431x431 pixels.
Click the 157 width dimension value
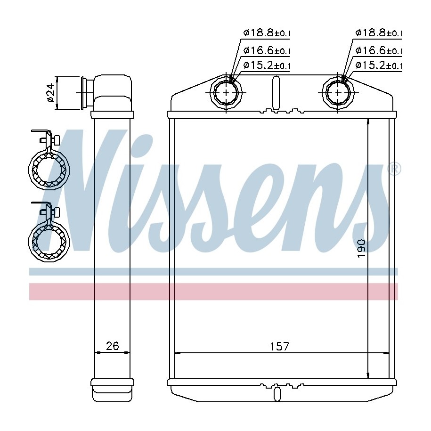[279, 346]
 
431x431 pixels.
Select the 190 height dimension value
[361, 249]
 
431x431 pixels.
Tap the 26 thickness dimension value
[113, 346]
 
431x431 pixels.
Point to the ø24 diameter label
[51, 92]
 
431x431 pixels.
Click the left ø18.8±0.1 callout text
[267, 33]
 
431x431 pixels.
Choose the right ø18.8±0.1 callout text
[379, 33]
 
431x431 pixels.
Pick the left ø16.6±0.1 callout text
[267, 50]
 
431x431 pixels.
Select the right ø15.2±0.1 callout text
[379, 65]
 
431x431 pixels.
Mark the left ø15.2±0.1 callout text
[267, 65]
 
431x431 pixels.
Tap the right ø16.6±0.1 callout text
[379, 50]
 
